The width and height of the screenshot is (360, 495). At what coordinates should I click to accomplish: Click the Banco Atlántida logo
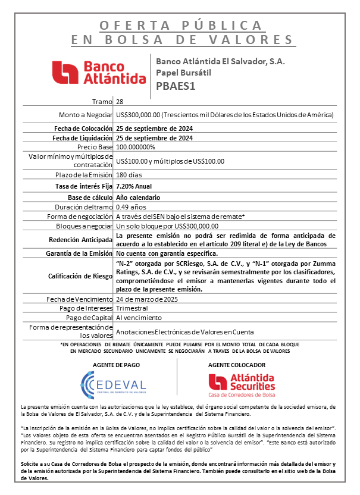pos(99,73)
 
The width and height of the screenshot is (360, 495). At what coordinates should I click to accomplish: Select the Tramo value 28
pos(120,102)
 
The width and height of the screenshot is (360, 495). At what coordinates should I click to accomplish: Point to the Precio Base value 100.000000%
pos(136,146)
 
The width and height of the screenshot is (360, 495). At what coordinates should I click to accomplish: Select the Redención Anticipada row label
pos(83,240)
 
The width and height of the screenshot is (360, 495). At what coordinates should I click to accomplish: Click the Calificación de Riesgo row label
pos(80,276)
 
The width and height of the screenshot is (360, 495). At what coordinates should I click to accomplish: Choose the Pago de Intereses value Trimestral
pos(132,309)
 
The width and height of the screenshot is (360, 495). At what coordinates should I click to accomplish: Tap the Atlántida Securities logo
pos(241,384)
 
